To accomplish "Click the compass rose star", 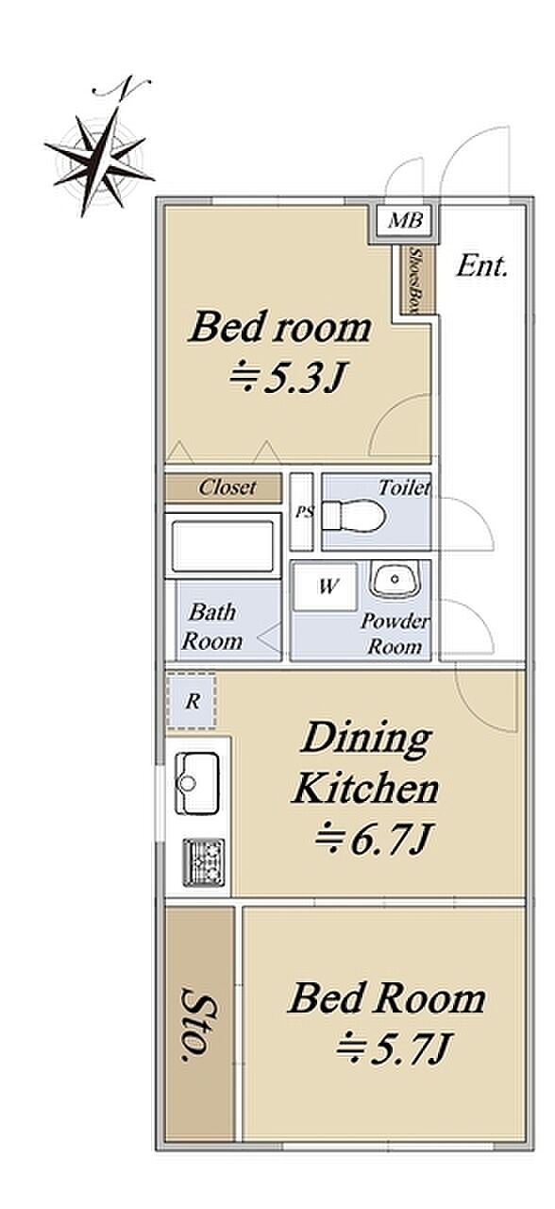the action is click(99, 161).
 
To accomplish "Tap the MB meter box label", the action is click(406, 220).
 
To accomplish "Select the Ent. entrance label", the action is click(481, 266).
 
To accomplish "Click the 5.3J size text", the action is click(287, 379).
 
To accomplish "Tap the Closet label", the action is click(227, 488).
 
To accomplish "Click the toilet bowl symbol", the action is click(353, 517).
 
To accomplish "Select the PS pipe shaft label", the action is click(304, 512).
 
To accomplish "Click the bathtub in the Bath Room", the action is click(223, 546).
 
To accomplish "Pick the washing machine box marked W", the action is click(326, 587).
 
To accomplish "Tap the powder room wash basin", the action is click(395, 580).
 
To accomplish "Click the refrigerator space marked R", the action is click(192, 701).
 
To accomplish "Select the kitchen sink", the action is click(197, 784).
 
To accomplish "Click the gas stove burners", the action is click(203, 862).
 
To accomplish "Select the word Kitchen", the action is click(365, 789).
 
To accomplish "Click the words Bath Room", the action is click(212, 627).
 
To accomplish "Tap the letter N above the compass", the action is click(123, 86).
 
